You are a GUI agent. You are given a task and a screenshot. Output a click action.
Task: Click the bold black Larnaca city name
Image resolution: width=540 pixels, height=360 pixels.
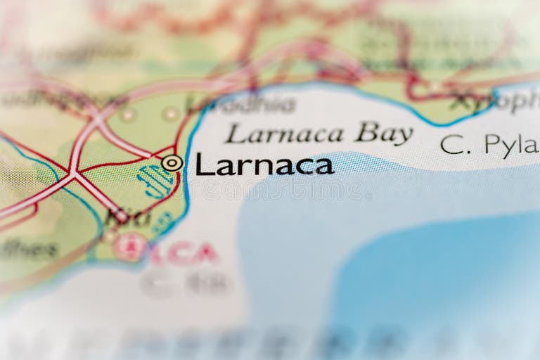[264, 165]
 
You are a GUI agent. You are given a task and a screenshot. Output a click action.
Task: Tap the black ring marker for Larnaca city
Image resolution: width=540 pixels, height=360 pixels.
[172, 163]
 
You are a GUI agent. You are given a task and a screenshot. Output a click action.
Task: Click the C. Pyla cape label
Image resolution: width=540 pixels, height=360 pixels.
[489, 145]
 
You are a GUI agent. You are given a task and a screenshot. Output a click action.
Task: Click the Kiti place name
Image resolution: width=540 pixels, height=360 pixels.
[128, 217]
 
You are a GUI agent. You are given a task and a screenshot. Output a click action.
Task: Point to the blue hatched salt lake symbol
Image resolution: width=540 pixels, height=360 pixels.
[155, 181]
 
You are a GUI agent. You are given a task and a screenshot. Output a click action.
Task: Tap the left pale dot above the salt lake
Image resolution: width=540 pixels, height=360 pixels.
[127, 114]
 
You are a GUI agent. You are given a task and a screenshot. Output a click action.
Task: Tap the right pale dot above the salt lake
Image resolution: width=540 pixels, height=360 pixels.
[170, 113]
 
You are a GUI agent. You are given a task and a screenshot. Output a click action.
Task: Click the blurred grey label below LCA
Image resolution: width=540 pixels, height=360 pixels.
[186, 283]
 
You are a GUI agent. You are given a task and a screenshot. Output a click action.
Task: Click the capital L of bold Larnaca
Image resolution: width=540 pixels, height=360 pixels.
[203, 164]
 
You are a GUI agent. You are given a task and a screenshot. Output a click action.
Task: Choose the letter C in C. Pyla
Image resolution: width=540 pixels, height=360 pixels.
[451, 145]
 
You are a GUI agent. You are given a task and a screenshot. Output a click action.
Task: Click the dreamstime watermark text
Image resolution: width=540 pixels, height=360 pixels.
[271, 190]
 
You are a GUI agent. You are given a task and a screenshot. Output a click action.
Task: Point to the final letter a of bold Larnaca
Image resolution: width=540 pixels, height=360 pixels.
[323, 167]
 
